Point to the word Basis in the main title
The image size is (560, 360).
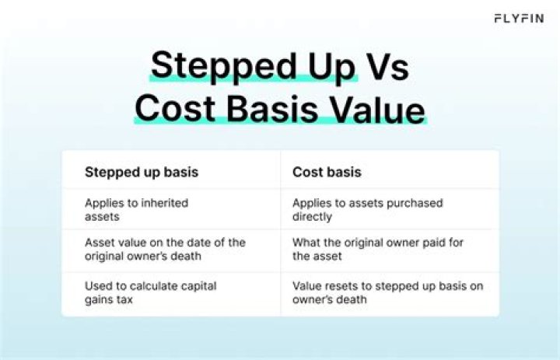click(x=270, y=109)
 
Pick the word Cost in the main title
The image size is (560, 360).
click(x=173, y=109)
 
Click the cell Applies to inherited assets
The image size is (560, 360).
click(x=137, y=209)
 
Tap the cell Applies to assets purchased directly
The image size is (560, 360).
click(x=367, y=209)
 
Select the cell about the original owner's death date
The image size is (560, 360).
click(x=165, y=250)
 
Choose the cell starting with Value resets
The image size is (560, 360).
click(x=387, y=293)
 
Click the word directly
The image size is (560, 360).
click(x=312, y=216)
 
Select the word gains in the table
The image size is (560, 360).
click(x=100, y=300)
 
